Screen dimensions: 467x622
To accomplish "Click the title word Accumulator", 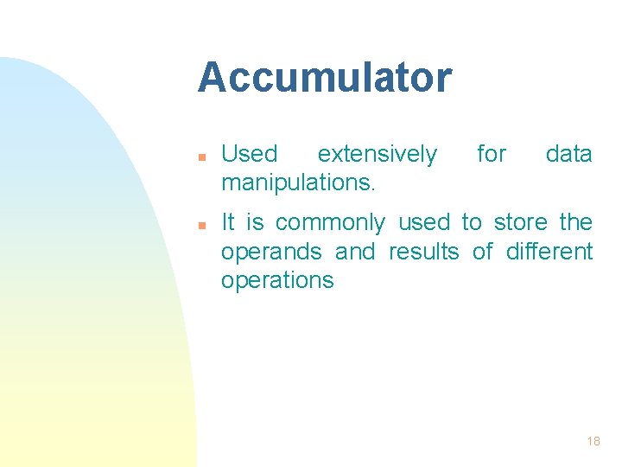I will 324,78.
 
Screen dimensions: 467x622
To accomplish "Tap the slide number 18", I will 593,441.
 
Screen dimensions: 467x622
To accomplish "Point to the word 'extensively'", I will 378,155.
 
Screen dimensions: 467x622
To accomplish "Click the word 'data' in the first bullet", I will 568,155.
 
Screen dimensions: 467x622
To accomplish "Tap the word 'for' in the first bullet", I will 492,155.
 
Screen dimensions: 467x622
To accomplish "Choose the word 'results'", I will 423,252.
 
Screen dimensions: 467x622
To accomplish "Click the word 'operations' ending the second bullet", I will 277,281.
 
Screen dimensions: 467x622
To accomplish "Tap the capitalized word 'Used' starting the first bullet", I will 250,155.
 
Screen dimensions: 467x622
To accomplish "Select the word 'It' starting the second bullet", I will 228,223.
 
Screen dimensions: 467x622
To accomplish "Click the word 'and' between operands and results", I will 355,252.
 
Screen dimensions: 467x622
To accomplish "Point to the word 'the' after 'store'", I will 575,223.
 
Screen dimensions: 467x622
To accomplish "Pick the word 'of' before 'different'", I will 482,252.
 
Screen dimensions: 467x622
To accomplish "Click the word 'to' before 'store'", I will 471,223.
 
